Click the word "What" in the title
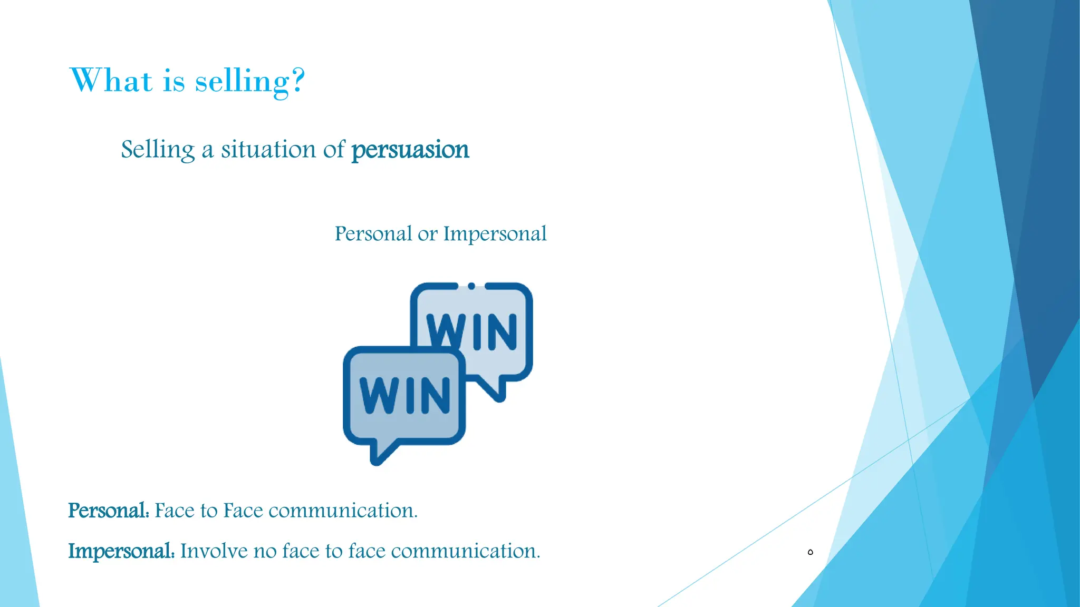(x=111, y=81)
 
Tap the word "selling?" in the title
(x=250, y=82)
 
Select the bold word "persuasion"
(x=410, y=150)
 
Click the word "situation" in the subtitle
(x=268, y=149)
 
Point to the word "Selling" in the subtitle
(x=158, y=150)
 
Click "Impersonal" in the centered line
(x=495, y=233)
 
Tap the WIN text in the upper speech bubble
(x=472, y=331)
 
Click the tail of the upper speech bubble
(x=496, y=390)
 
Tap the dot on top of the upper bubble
(x=471, y=286)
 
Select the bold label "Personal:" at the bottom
(x=109, y=511)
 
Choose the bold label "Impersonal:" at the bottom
(x=121, y=551)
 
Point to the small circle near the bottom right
(x=811, y=552)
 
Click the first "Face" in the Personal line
(x=175, y=511)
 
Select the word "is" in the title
(x=173, y=82)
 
